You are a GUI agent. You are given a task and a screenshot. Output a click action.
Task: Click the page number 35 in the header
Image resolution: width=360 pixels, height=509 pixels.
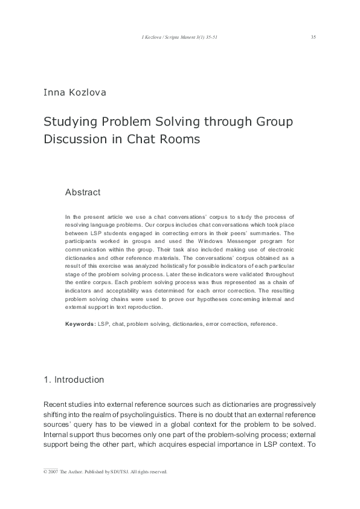coord(313,37)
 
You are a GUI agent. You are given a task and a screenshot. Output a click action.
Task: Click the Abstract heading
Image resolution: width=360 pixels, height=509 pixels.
coord(83,192)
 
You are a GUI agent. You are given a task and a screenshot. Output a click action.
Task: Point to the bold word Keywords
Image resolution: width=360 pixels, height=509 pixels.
coord(80,324)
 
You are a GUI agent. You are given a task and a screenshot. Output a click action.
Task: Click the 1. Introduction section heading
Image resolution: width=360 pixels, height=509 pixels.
coord(74,380)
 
